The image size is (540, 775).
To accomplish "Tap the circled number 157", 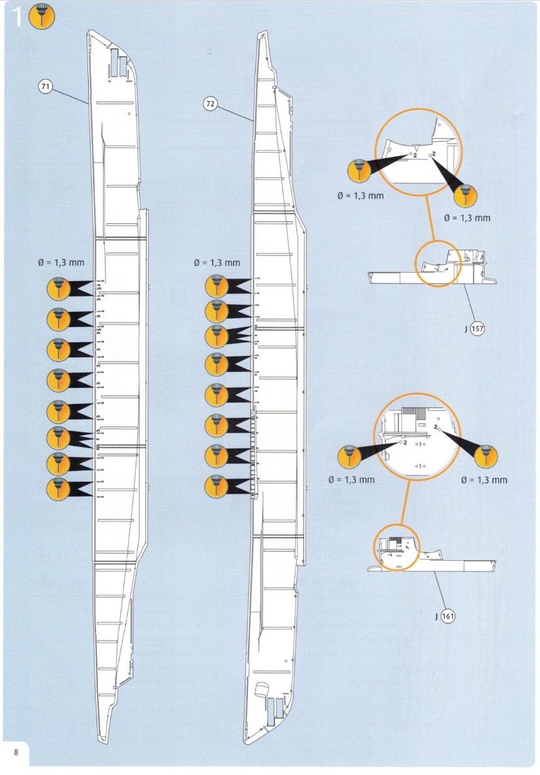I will click(477, 328).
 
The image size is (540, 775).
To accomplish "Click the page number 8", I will click(16, 751).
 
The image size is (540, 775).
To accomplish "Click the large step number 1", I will click(18, 18).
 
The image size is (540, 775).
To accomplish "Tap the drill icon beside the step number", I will click(43, 18).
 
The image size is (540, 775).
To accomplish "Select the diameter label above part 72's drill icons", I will click(217, 262).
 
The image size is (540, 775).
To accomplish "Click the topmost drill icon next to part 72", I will click(217, 286).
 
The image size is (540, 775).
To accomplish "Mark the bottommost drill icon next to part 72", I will click(217, 486).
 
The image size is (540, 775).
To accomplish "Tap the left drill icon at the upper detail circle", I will click(358, 171).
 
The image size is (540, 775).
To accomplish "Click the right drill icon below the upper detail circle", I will click(465, 195).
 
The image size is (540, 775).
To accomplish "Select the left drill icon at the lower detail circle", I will click(350, 457).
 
